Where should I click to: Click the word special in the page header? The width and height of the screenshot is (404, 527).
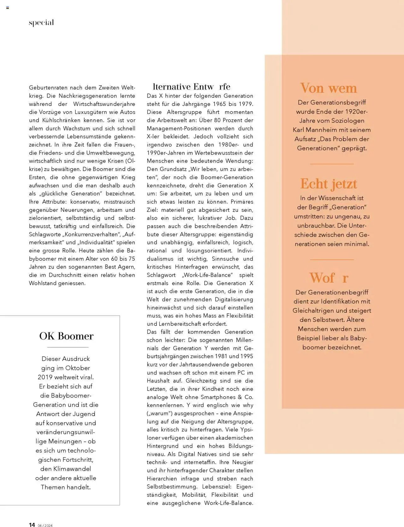[x=41, y=23]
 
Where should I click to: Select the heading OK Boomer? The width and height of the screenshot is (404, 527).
[x=66, y=336]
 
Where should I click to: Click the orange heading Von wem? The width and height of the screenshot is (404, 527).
[x=328, y=88]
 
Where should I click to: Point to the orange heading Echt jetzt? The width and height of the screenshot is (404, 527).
[x=328, y=184]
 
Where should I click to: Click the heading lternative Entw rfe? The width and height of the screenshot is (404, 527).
[x=191, y=87]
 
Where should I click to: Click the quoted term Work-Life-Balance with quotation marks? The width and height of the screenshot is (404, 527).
[x=207, y=275]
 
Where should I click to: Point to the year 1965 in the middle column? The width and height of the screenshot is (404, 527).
[x=219, y=104]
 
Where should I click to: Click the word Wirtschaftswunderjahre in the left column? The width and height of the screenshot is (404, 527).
[x=104, y=104]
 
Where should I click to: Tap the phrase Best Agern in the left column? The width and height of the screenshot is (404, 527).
[x=120, y=267]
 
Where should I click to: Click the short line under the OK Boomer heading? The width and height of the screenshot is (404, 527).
[x=68, y=347]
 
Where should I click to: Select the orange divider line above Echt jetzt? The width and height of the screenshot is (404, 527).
[x=332, y=164]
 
